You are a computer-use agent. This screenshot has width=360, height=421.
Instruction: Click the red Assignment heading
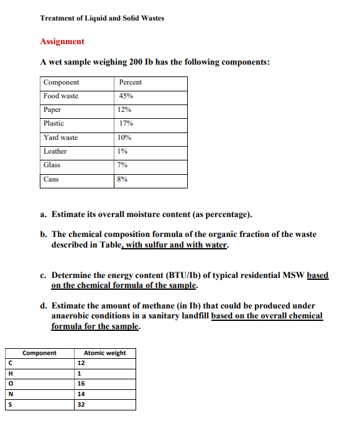(x=62, y=42)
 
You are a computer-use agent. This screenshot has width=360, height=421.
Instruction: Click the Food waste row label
(x=61, y=96)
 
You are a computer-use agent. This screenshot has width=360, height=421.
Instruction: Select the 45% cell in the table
(x=126, y=96)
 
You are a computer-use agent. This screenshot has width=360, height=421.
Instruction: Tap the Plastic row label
(x=54, y=124)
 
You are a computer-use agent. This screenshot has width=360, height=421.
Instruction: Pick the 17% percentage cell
(x=126, y=124)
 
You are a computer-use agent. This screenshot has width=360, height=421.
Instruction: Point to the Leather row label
(x=55, y=151)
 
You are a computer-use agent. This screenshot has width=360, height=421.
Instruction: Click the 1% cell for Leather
(x=122, y=151)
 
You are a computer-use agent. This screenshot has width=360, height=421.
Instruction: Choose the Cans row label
(x=52, y=179)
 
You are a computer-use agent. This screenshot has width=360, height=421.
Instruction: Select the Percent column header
(x=130, y=83)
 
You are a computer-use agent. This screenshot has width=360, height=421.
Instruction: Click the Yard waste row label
(x=61, y=137)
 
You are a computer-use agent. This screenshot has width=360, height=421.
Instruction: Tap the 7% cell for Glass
(x=122, y=165)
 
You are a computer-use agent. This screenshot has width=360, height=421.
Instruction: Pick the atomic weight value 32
(x=81, y=404)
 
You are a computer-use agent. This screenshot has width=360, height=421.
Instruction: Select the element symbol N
(x=11, y=394)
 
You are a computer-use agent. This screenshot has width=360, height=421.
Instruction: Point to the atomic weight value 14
(x=81, y=394)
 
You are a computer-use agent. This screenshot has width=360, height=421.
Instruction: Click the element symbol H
(x=11, y=374)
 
